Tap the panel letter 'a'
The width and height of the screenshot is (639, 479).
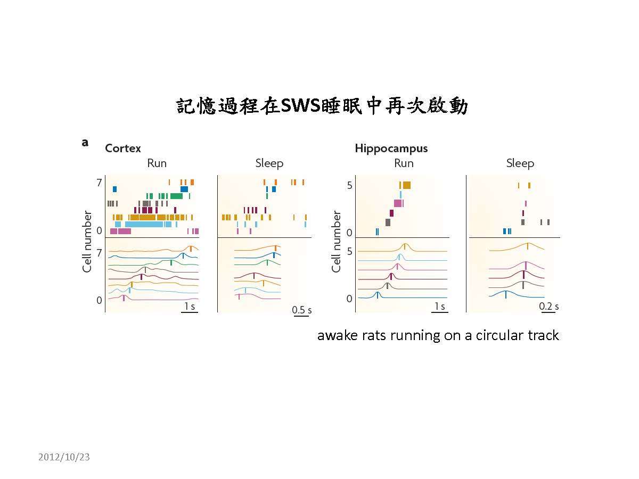[85, 142]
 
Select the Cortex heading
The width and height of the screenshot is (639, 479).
[123, 148]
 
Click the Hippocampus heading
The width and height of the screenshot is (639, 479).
[391, 148]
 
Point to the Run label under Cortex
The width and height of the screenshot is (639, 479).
[157, 163]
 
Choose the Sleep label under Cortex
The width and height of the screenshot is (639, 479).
[269, 163]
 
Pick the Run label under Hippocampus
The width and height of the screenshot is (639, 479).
[404, 163]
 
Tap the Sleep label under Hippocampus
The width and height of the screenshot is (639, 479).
[520, 163]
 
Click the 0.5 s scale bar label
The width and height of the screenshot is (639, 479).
[301, 310]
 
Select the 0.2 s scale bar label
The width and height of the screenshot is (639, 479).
[549, 307]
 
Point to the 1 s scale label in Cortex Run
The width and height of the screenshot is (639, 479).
[189, 307]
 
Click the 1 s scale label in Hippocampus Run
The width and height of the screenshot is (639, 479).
[439, 307]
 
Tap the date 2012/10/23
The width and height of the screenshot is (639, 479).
[64, 457]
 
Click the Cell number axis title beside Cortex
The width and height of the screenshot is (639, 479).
[87, 241]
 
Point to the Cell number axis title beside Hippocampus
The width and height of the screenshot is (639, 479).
[336, 241]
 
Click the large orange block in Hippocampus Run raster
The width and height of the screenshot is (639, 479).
[406, 185]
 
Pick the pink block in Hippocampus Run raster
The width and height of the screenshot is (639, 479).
[398, 203]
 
